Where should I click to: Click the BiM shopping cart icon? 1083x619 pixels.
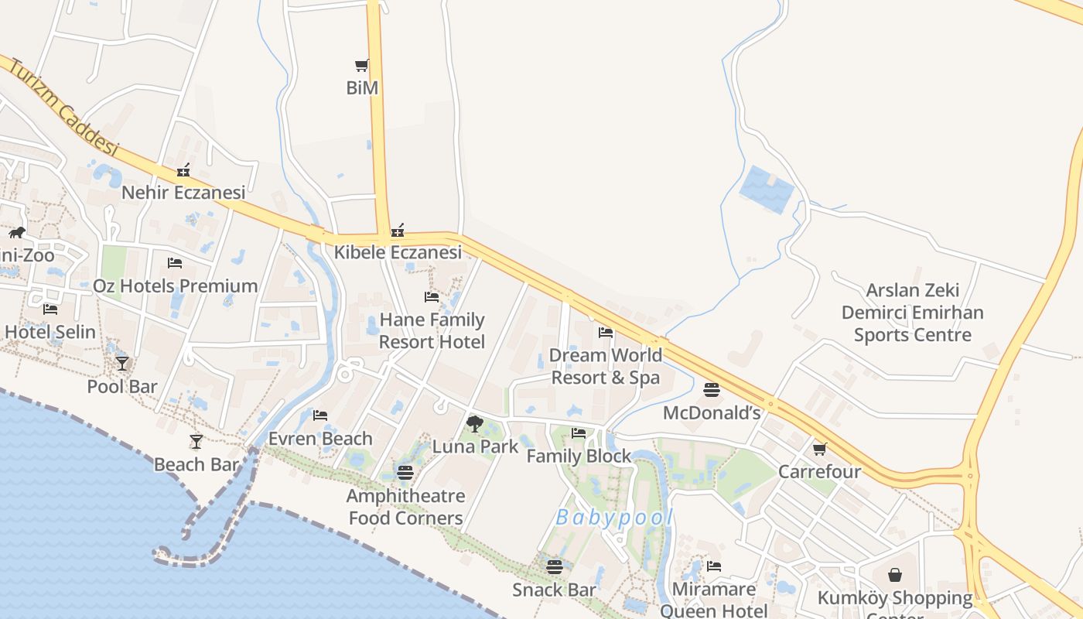pos(361,66)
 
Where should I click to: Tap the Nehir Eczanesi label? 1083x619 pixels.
pos(183,192)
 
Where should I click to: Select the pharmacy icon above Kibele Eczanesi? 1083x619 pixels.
pos(398,230)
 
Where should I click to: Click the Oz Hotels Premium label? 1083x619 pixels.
pos(176,286)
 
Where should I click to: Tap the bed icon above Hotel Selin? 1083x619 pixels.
pos(50,309)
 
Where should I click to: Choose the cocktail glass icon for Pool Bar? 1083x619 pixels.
pos(122,363)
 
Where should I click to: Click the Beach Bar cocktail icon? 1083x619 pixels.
pos(196,441)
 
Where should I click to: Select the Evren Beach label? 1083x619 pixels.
pos(320,439)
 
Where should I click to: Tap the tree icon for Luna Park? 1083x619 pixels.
pos(475,423)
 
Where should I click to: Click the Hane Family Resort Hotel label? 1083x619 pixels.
pos(432,330)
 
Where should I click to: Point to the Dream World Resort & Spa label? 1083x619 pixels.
pos(606,366)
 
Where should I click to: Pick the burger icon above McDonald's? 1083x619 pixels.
pos(712,389)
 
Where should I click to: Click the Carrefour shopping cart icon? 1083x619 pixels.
pos(819,449)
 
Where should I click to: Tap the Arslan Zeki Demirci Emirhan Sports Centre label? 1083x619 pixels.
pos(913,313)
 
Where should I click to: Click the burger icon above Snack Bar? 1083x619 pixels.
pos(554,566)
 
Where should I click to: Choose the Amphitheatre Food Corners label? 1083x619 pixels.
pos(406,507)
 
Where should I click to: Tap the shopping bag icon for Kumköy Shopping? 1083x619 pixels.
pos(895,575)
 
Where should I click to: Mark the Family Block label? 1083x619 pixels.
pos(579,457)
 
